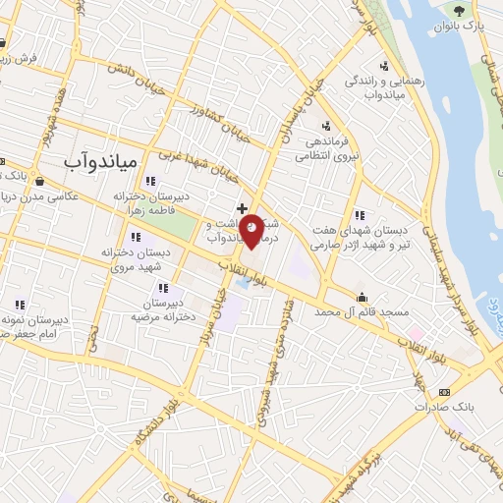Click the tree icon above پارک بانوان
[460, 9]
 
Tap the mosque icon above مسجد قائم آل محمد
[362, 298]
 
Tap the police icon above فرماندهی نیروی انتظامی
[326, 124]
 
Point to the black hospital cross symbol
[241, 208]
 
